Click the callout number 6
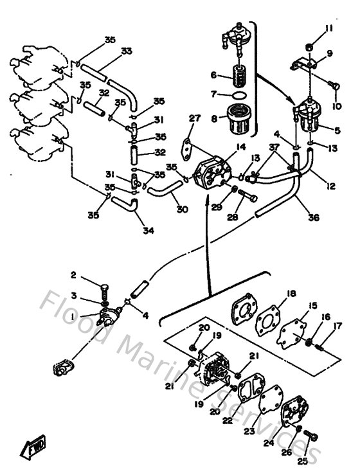pos(213,75)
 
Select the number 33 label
pos(127,51)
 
